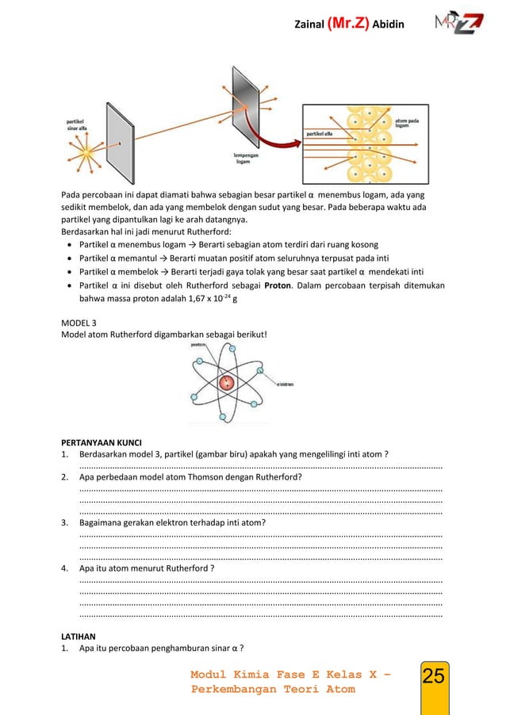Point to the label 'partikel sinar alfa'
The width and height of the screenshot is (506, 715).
78,124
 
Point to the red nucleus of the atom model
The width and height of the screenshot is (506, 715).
228,383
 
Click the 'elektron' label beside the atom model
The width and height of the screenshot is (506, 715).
285,382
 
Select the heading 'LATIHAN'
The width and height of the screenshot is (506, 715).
79,636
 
